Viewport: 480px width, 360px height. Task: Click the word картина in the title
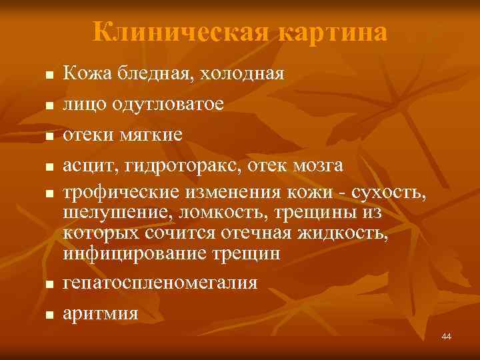(x=332, y=32)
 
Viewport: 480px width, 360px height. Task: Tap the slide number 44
(x=446, y=336)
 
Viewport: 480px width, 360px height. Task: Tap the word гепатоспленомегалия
(x=160, y=282)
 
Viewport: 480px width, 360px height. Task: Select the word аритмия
(x=101, y=313)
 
